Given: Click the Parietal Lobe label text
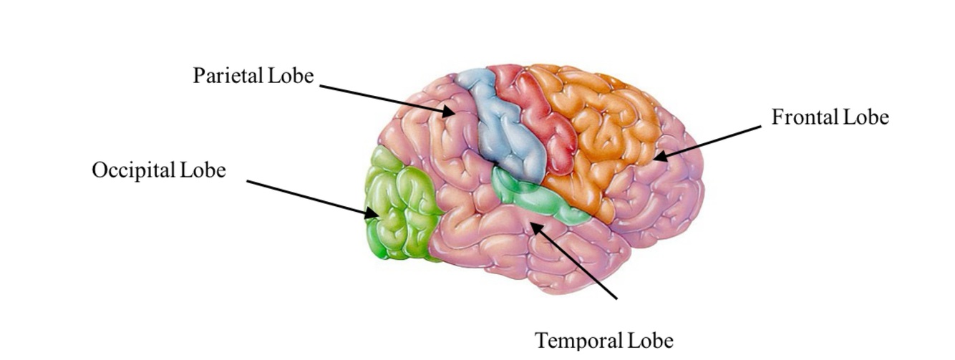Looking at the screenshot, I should tap(253, 75).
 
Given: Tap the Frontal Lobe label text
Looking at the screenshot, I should tap(830, 117).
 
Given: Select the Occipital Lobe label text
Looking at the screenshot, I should tap(158, 170).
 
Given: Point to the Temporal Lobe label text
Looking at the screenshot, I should tap(604, 340).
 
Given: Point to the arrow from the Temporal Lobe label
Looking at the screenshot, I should tap(573, 261).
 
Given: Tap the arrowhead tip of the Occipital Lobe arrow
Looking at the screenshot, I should tap(377, 215).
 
